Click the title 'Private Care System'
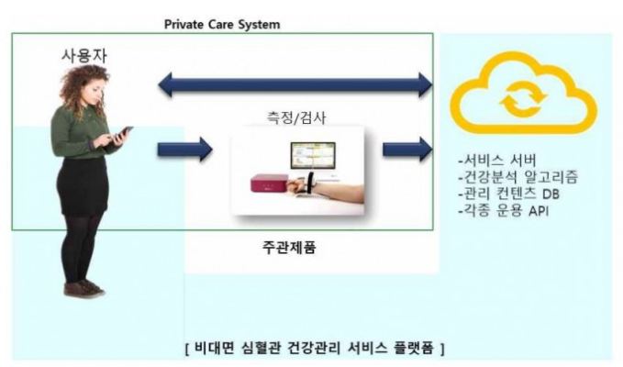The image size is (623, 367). point(222,25)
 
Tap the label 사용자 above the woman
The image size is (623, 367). point(84,56)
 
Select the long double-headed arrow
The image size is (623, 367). point(295,84)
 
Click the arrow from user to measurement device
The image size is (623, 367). point(185,150)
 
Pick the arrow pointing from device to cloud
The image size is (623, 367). point(407,150)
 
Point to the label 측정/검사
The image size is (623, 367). point(296,117)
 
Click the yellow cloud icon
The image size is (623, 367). point(523,94)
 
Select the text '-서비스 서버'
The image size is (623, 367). point(497,161)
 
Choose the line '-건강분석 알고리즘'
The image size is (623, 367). point(518,177)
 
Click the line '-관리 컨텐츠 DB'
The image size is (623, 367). point(509,194)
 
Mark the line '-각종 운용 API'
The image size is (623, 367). point(504,210)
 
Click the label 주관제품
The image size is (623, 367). point(289,248)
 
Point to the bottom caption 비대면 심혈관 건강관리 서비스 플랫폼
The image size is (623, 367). point(315,348)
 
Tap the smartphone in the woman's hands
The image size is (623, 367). point(122,133)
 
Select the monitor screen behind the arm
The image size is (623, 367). point(313,156)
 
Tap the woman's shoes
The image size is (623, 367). point(84,289)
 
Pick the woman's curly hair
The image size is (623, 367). point(83,87)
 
